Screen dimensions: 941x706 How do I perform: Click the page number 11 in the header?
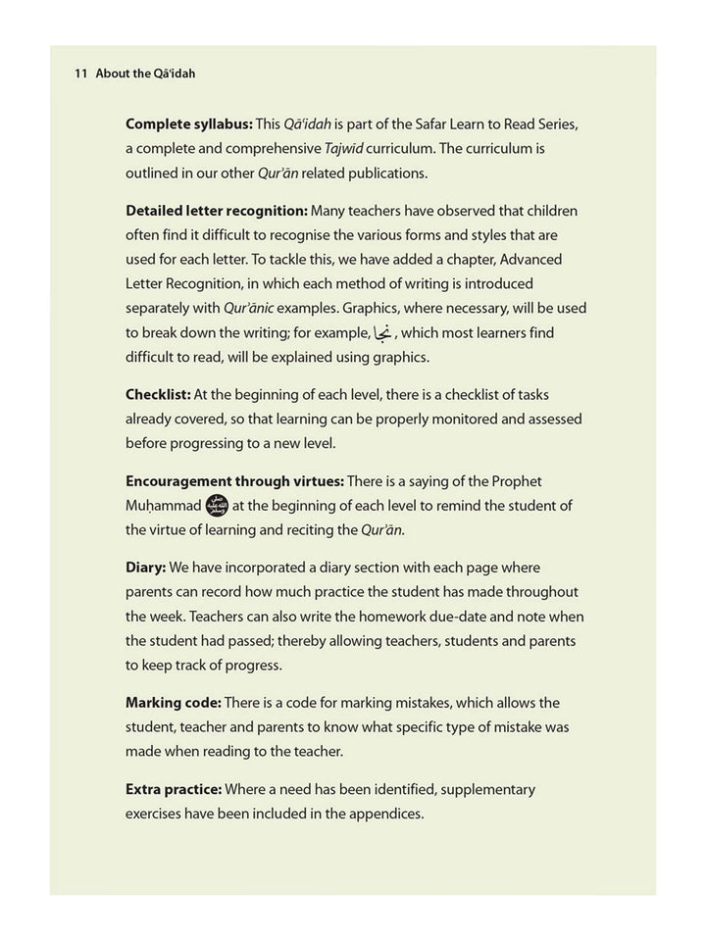coord(81,74)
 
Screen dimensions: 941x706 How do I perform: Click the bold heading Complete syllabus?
coord(188,124)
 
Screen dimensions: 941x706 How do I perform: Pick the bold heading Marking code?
coord(174,703)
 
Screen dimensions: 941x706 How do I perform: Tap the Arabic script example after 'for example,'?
coord(382,332)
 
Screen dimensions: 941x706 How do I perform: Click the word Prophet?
coord(514,481)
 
